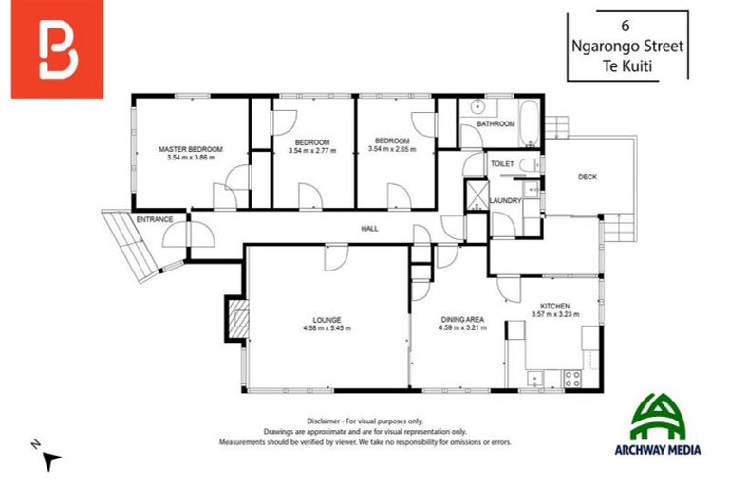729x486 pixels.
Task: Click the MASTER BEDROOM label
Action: (x=191, y=149)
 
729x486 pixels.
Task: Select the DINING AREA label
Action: (x=462, y=319)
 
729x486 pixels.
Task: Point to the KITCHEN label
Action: (x=555, y=306)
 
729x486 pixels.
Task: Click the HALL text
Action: (x=369, y=230)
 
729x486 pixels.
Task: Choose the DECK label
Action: (x=588, y=177)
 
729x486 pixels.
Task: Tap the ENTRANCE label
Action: (x=154, y=220)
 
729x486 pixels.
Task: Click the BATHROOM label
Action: (x=495, y=124)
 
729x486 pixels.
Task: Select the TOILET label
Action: (x=502, y=164)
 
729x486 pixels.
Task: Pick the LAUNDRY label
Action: (x=506, y=200)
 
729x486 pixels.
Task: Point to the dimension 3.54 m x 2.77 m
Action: (x=311, y=150)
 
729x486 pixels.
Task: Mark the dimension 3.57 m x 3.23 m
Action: (x=555, y=314)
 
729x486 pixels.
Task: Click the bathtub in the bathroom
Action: (x=530, y=123)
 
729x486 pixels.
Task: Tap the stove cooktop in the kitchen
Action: (x=574, y=376)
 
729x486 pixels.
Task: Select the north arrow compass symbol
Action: (x=49, y=458)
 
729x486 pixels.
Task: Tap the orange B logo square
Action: (x=57, y=50)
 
